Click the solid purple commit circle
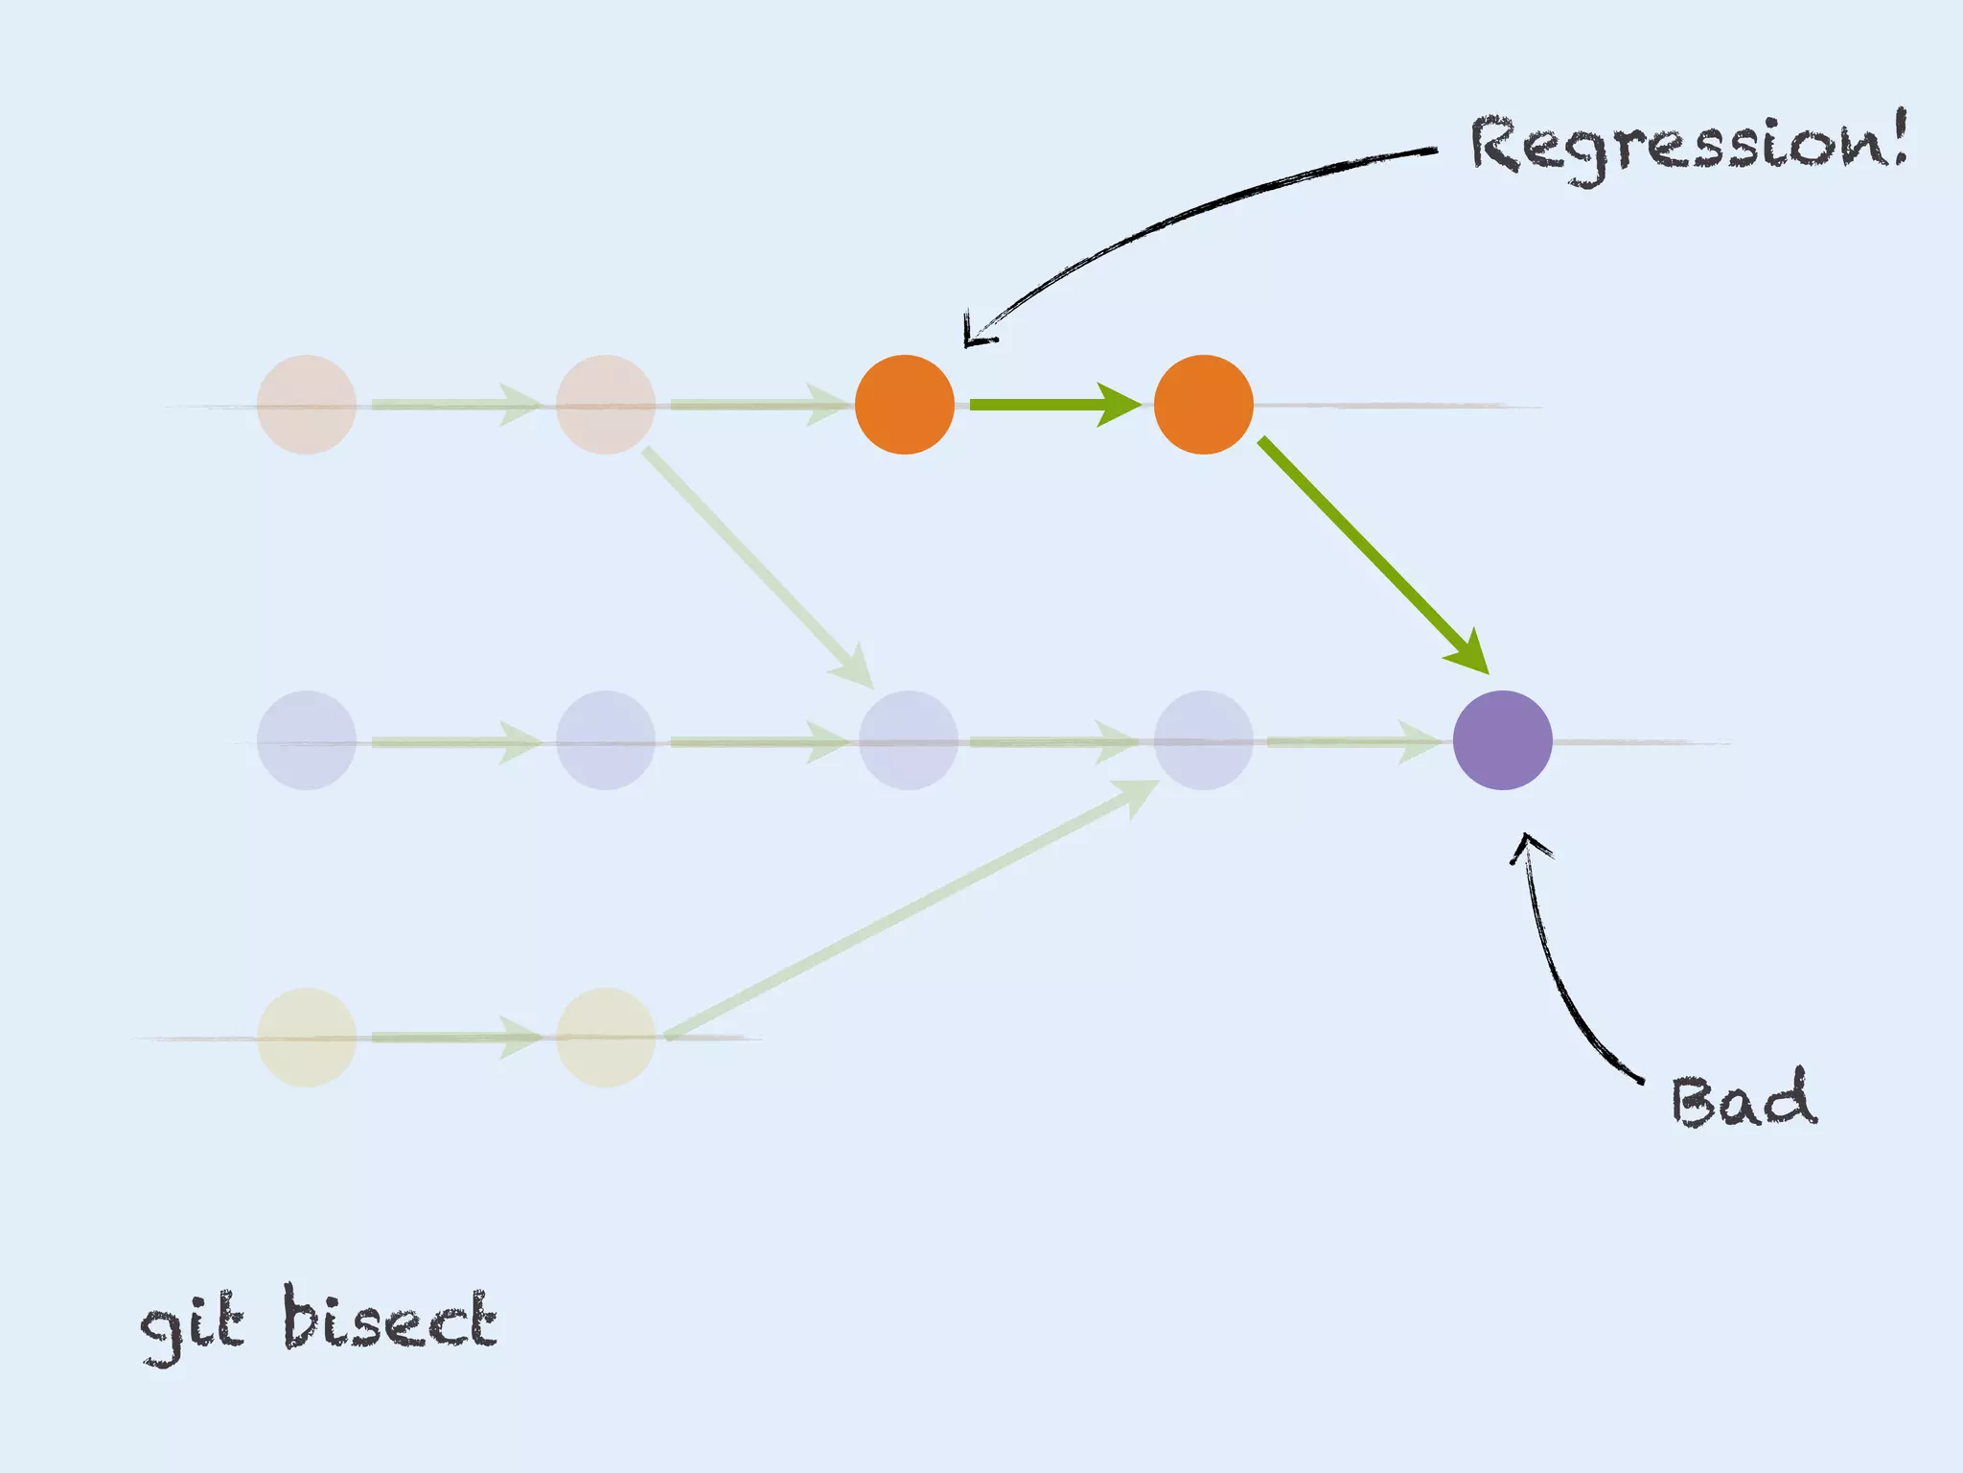click(x=1502, y=740)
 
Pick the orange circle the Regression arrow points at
click(x=904, y=405)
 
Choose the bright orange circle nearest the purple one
click(x=1203, y=405)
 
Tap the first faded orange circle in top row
click(x=307, y=405)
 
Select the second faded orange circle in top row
click(x=605, y=405)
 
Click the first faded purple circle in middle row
click(x=307, y=740)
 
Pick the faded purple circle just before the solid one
click(x=1203, y=740)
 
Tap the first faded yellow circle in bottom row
click(x=307, y=1038)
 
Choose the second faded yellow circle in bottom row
click(x=605, y=1038)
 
